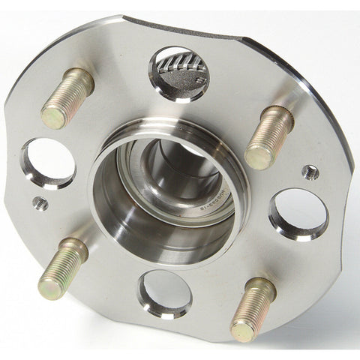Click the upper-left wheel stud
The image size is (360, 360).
[68, 97]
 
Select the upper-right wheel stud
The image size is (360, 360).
[268, 136]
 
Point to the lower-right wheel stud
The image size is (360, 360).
[253, 308]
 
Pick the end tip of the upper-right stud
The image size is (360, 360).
[257, 156]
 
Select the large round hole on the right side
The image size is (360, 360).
[298, 213]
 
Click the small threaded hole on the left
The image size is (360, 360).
[40, 203]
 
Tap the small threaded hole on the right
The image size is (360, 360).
[310, 172]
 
